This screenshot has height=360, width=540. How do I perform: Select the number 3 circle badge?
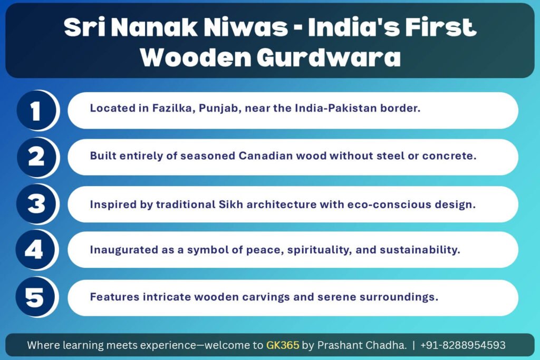coord(36,204)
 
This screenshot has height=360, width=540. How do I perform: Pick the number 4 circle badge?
coord(36,250)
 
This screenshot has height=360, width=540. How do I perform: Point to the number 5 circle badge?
coord(36,297)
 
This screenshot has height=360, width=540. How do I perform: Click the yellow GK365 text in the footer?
coord(283,345)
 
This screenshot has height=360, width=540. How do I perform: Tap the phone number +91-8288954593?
coord(463,345)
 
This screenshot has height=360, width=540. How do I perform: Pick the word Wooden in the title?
coord(196,57)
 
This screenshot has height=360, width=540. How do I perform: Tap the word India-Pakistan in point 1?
coord(336,109)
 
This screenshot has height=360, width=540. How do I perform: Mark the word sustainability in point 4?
coord(420,250)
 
